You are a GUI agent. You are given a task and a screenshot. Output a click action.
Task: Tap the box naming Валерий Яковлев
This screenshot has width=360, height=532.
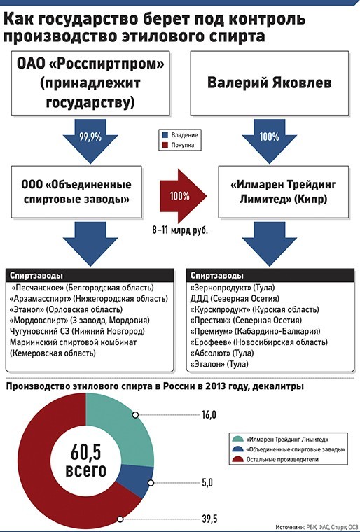pos(270,83)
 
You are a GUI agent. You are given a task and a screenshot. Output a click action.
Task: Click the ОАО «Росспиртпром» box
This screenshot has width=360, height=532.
pos(90,83)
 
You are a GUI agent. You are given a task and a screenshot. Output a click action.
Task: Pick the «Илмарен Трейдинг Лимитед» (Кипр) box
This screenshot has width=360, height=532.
pos(283,192)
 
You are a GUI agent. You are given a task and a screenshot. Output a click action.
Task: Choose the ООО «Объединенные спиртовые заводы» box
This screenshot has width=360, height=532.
pos(76,192)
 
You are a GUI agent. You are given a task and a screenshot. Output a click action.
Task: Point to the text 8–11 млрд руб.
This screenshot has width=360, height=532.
pos(180,231)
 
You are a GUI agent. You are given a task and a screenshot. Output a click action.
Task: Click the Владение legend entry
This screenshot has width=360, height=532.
pos(180,135)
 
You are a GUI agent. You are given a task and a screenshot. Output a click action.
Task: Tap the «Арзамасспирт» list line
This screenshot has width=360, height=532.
pos(89,299)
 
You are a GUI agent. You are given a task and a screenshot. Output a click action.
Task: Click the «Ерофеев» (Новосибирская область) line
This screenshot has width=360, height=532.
pos(258,342)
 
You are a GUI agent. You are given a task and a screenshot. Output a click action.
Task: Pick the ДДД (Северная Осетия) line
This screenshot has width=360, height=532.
pos(235,299)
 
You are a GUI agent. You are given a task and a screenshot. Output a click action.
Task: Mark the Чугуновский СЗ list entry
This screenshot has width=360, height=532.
pos(78,331)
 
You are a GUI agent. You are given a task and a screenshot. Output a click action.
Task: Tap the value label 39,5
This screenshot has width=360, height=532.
pos(209,519)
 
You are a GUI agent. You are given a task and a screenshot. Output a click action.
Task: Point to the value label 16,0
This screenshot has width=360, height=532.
pos(209,414)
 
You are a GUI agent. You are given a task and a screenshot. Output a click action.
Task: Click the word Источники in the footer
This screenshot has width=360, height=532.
pos(290,527)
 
